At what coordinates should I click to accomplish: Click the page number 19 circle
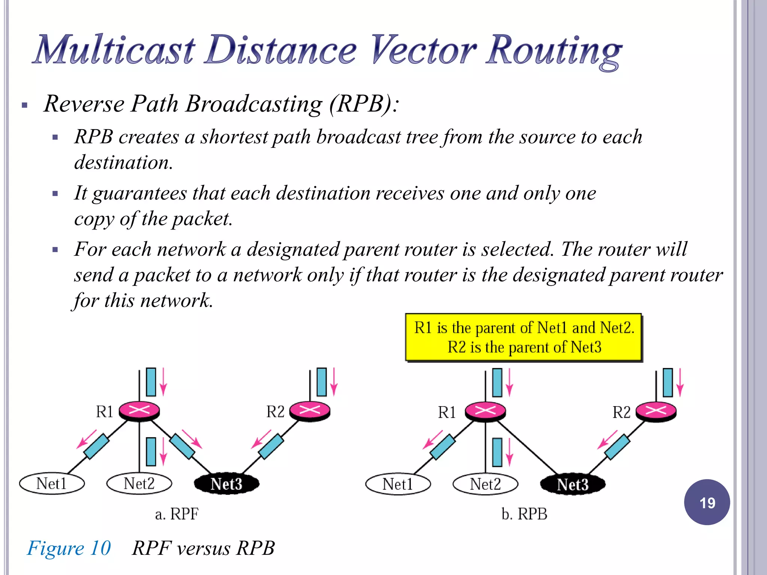click(x=707, y=502)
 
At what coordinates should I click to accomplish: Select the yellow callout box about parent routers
click(x=524, y=337)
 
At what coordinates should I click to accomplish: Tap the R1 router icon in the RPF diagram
click(x=139, y=411)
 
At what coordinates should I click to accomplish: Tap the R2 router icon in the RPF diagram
click(x=310, y=410)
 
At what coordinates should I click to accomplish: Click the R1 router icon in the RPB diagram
click(x=485, y=411)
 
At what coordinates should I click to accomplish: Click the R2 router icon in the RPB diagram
click(x=656, y=411)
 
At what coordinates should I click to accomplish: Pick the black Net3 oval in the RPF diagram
click(x=227, y=484)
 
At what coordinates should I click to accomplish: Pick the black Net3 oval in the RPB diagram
click(x=573, y=484)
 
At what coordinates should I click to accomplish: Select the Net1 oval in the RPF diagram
click(x=52, y=483)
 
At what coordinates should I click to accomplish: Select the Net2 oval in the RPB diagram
click(x=485, y=484)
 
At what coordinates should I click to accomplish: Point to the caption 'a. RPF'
click(x=177, y=514)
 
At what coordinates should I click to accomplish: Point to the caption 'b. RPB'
click(x=524, y=514)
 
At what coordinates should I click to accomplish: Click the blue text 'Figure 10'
click(x=69, y=548)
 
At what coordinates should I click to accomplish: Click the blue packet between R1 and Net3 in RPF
click(x=182, y=446)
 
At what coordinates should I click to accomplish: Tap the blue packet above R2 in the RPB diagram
click(x=668, y=382)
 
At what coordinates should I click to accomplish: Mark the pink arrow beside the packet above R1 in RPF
click(x=163, y=382)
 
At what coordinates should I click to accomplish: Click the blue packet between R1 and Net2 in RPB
click(x=497, y=452)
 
